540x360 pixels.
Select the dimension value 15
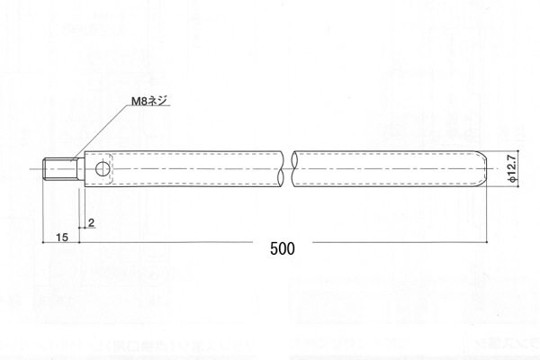click(x=62, y=237)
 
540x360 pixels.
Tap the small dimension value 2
click(x=92, y=220)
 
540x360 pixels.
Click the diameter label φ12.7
click(x=511, y=168)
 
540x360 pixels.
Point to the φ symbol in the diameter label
click(x=511, y=180)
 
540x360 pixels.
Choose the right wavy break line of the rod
click(x=297, y=168)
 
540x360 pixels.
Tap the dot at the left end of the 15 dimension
click(x=45, y=242)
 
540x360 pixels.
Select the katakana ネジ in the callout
click(x=156, y=103)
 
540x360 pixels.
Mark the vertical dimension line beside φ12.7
click(x=499, y=168)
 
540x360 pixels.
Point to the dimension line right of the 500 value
click(x=396, y=242)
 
